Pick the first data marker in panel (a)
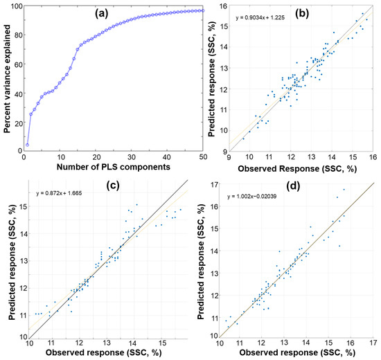coord(27,145)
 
